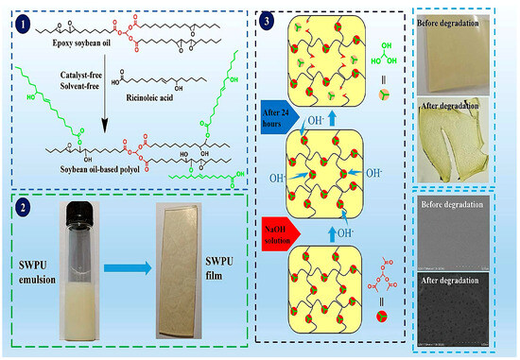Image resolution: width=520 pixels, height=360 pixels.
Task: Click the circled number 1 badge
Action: click(24, 20)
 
